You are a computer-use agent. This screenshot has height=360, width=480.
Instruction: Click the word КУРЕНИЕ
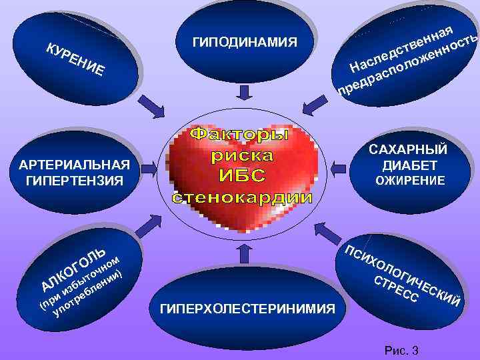tap(73, 58)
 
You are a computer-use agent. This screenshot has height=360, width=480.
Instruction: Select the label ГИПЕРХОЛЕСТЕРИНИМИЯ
tap(247, 309)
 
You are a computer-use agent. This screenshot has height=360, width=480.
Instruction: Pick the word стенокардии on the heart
tap(242, 197)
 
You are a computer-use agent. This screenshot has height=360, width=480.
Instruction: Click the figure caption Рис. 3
tap(402, 351)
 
